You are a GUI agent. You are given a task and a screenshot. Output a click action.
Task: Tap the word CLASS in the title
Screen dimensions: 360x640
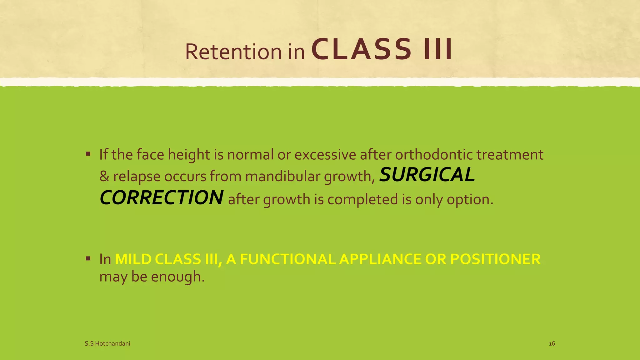(361, 49)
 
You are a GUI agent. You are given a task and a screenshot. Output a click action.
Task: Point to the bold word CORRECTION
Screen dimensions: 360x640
(161, 198)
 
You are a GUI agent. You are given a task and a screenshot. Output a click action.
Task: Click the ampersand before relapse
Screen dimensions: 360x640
(104, 177)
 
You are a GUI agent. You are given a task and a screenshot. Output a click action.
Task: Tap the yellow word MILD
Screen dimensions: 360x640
(133, 259)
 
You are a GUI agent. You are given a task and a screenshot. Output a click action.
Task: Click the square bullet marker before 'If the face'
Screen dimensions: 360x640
(88, 154)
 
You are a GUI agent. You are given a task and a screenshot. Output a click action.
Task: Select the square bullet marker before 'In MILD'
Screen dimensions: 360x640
(88, 258)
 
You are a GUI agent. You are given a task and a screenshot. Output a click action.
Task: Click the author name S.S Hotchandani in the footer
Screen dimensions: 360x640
(107, 344)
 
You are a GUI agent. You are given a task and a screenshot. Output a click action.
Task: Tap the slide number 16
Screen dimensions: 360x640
(552, 344)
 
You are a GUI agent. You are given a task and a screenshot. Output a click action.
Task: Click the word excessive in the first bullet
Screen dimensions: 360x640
(325, 155)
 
